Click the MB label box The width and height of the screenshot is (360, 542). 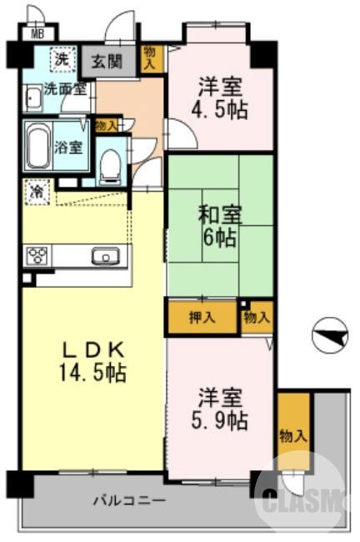pos(37,34)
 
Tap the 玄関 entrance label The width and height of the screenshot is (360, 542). pos(110,62)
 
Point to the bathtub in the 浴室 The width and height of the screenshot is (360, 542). pos(38,148)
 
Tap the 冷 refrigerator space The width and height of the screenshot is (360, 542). pos(37,192)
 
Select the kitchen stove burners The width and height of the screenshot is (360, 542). pos(38,255)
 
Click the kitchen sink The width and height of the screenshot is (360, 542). pos(105,256)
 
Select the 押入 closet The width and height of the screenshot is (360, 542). pos(202,318)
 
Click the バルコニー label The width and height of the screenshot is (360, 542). pos(128,501)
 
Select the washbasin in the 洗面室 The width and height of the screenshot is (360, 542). pos(32,101)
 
